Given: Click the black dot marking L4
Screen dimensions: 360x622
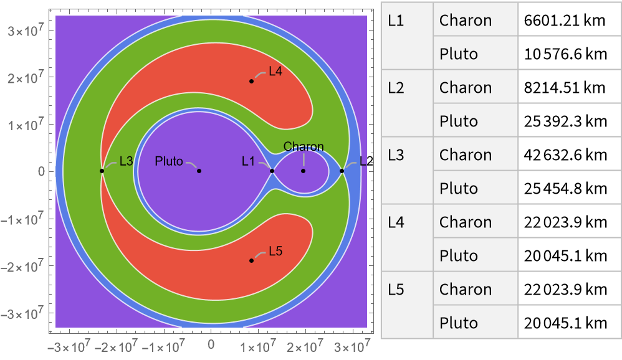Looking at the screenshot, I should (x=252, y=81).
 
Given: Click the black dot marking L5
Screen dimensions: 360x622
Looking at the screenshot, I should (x=252, y=260).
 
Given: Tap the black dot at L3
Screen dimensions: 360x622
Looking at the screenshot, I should (x=102, y=171).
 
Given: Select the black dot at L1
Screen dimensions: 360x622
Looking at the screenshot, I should (x=272, y=171).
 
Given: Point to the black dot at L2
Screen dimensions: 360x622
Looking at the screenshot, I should (x=342, y=171).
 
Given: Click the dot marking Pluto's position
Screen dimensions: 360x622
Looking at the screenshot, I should (x=199, y=171).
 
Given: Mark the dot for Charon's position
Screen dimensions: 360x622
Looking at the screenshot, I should (x=304, y=171).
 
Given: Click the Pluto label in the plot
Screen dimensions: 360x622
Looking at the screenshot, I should (x=169, y=162).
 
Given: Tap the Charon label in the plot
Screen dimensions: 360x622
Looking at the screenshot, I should (x=304, y=147).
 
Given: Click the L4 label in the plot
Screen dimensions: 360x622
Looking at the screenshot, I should (x=275, y=72).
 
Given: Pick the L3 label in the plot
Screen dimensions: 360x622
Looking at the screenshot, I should (x=126, y=162).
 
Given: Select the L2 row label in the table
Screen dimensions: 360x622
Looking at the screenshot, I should (x=396, y=88).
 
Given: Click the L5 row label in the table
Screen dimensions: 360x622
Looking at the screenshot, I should (x=396, y=290).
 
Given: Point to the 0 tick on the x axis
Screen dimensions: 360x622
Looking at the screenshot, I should (x=211, y=343).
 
